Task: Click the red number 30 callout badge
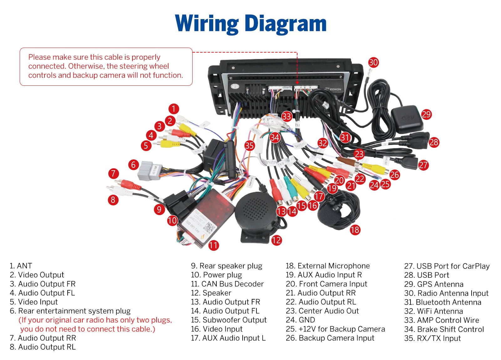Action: (373, 62)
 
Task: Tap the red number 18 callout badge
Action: (355, 230)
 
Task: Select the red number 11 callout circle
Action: (213, 245)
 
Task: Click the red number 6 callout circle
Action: (133, 165)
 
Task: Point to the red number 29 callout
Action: (426, 114)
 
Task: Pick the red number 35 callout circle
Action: (249, 146)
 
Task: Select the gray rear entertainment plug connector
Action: (150, 171)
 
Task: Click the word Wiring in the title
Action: (207, 24)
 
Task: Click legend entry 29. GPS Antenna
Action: (434, 284)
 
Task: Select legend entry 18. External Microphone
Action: (328, 266)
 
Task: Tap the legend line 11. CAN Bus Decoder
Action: (227, 284)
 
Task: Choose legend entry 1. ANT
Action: (21, 266)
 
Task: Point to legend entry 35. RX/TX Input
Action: (432, 338)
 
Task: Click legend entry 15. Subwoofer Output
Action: (229, 320)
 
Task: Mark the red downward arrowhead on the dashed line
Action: (297, 82)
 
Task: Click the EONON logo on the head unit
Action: (335, 89)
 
